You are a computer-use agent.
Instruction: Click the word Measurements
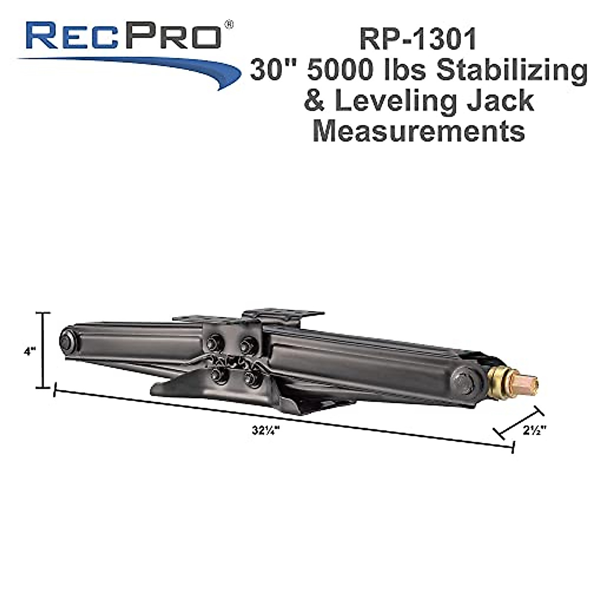point(418,131)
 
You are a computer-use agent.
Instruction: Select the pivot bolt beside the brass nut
point(464,382)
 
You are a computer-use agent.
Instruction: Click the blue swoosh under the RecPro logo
point(147,66)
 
